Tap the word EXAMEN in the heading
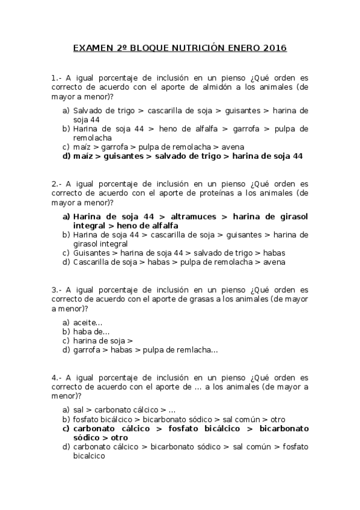(90, 48)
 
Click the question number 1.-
(56, 78)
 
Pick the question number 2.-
(56, 183)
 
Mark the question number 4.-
(56, 378)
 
